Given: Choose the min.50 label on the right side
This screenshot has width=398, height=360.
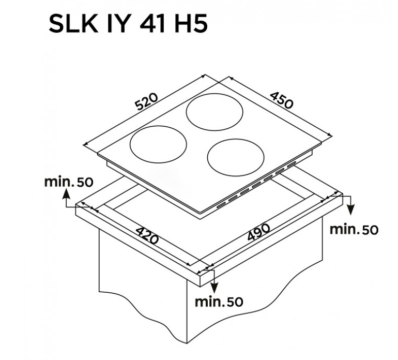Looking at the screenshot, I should point(354,229).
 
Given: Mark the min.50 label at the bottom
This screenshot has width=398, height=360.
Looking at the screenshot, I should point(219,301).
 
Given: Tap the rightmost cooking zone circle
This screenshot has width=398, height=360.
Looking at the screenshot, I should point(236,156).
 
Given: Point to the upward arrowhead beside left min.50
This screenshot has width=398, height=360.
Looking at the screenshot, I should point(66,193).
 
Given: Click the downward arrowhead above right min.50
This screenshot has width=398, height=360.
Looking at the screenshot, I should point(350,211).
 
